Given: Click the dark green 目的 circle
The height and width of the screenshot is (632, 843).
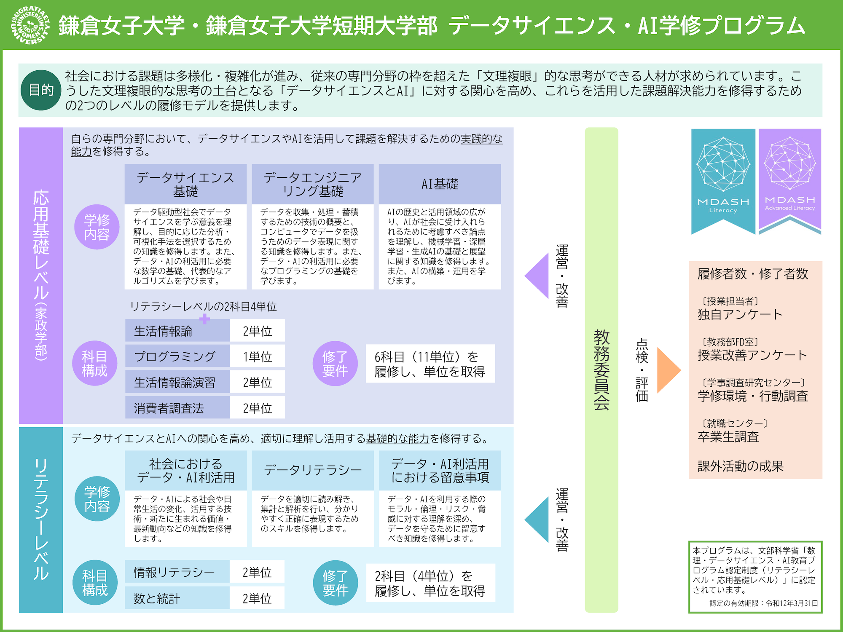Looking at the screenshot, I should point(41,90).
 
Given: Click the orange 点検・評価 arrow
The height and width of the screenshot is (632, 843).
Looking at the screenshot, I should point(668,370).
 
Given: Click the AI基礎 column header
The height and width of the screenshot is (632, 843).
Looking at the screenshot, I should point(440,184).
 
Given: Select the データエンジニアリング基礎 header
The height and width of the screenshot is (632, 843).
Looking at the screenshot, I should point(312,184).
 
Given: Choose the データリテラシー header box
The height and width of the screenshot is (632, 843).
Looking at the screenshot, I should point(313,470).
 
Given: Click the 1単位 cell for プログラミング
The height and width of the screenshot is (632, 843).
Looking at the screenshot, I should point(257,356).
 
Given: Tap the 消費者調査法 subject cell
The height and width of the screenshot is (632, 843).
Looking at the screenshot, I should point(177,408).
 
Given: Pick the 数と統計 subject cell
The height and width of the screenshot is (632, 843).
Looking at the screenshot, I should point(177,598).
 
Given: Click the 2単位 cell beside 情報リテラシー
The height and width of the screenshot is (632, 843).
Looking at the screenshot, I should point(257,572).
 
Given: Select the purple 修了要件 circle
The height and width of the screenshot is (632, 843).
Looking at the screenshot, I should point(335,364).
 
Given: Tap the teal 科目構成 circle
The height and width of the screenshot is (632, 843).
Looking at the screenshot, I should point(95,583).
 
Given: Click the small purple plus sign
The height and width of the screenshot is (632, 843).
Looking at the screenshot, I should point(205,319).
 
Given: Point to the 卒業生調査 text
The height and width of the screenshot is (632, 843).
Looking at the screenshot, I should point(728,437).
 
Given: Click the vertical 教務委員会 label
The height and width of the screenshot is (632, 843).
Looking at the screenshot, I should point(601,370).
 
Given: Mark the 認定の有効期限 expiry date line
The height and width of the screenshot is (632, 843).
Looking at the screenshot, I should point(763,603).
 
